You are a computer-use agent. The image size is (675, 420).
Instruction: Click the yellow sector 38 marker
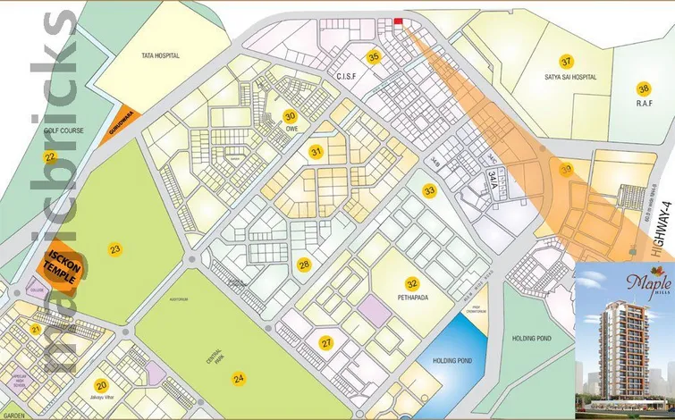coord(642,88)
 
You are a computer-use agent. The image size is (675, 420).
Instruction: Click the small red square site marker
coord(399,22)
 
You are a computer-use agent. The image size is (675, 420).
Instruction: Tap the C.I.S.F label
coord(346,77)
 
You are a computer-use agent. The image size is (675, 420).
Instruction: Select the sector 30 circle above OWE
coord(290,116)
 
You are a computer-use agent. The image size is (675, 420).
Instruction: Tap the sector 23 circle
coord(114,248)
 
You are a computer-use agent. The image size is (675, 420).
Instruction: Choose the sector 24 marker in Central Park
coord(239,379)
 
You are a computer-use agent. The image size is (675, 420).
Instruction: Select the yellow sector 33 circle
coord(430,190)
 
